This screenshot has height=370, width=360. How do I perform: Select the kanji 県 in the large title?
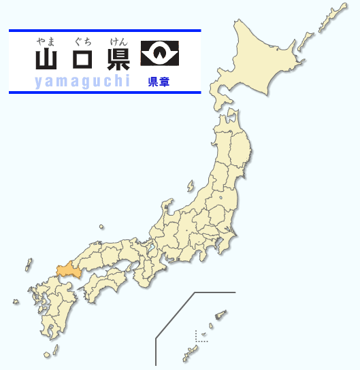[x=118, y=60]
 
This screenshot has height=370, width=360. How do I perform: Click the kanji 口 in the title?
[x=82, y=61]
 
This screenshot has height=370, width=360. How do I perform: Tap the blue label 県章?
[x=159, y=82]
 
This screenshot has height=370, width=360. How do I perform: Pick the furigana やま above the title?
[x=46, y=42]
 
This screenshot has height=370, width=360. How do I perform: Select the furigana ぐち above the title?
[x=82, y=42]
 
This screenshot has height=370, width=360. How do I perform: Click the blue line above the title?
[x=105, y=31]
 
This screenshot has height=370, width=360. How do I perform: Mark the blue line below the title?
[x=105, y=92]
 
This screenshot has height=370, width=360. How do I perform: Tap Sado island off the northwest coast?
[x=190, y=185]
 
